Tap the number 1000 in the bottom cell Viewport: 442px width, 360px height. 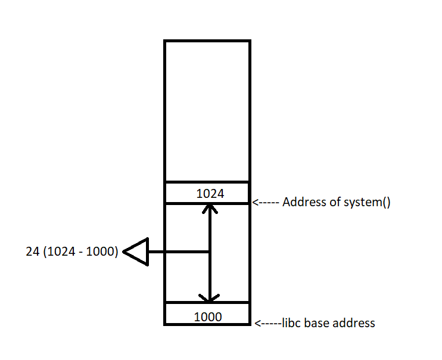coord(207,316)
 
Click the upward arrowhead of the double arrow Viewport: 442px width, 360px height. coord(209,209)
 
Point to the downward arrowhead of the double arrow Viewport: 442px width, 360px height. coord(209,297)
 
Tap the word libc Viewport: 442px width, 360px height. coord(288,323)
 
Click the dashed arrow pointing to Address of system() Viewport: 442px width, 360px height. coord(266,203)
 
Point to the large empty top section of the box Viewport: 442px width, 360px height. coord(207,110)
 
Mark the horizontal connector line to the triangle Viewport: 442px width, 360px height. coord(179,252)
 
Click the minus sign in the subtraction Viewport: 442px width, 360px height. coord(79,253)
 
